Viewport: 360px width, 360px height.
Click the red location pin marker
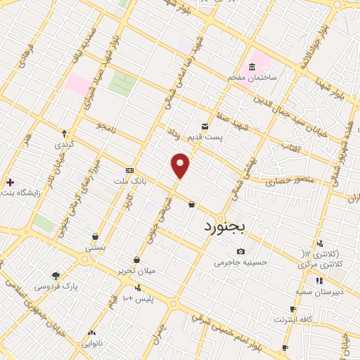pyautogui.click(x=181, y=165)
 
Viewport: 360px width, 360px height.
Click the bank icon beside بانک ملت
pyautogui.click(x=129, y=170)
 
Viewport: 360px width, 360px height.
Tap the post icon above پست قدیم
pyautogui.click(x=205, y=124)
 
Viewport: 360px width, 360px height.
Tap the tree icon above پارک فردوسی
pyautogui.click(x=56, y=275)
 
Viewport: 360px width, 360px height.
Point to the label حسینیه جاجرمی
pyautogui.click(x=241, y=262)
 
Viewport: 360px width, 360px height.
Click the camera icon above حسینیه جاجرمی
pyautogui.click(x=241, y=251)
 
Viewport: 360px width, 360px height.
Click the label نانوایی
pyautogui.click(x=91, y=344)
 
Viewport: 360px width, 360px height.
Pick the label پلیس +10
pyautogui.click(x=138, y=300)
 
